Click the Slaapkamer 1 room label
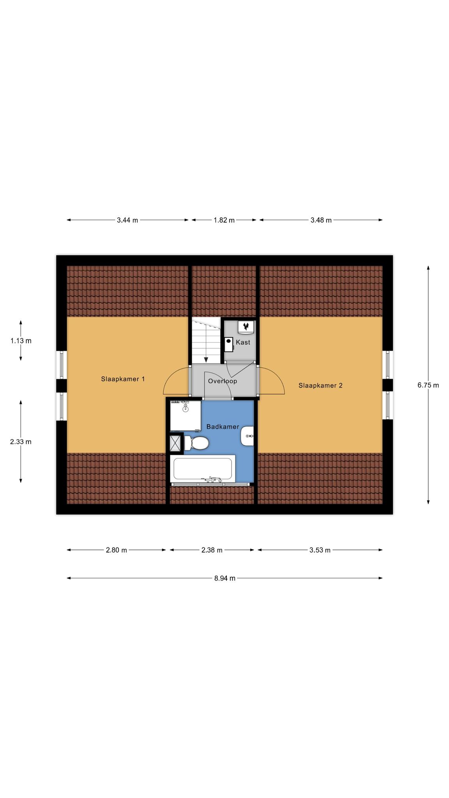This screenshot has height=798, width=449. [x=123, y=379]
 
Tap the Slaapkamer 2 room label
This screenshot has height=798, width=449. [x=320, y=385]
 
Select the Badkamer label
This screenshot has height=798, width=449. [x=223, y=427]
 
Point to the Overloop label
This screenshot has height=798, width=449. [x=222, y=381]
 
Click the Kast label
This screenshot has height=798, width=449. [x=243, y=342]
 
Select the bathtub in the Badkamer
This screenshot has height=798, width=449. [x=203, y=469]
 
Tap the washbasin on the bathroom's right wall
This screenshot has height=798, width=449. [x=247, y=436]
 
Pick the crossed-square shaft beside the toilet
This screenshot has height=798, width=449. [x=176, y=443]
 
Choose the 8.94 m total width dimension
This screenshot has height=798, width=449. [x=224, y=578]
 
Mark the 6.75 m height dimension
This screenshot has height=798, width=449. [x=428, y=385]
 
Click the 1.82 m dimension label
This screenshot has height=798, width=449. [x=224, y=220]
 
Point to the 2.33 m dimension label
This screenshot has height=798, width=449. [x=21, y=441]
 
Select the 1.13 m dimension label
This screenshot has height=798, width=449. [x=21, y=341]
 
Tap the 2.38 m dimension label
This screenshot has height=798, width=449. [x=212, y=550]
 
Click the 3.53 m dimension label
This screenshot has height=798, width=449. [x=320, y=550]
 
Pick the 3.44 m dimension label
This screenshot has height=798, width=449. [x=127, y=220]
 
